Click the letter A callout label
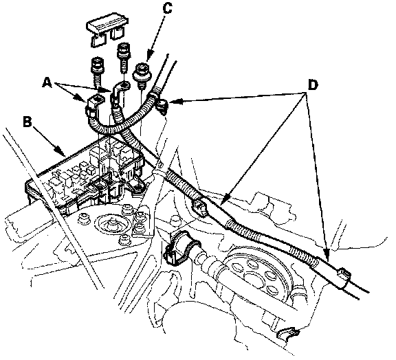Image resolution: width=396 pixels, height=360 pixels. point(47,83)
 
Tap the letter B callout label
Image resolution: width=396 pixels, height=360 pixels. point(27,122)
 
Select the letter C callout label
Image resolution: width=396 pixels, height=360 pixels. point(167,8)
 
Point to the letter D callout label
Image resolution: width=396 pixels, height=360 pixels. point(313,85)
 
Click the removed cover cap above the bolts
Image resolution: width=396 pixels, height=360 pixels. point(107,30)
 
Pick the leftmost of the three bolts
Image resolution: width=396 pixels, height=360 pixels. point(98,71)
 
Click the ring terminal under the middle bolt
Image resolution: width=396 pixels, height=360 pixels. point(120,89)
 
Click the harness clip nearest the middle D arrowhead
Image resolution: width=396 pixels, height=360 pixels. point(201,207)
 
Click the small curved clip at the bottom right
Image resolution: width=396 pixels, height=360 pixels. point(288,333)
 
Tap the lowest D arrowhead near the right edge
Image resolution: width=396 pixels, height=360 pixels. point(327,254)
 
